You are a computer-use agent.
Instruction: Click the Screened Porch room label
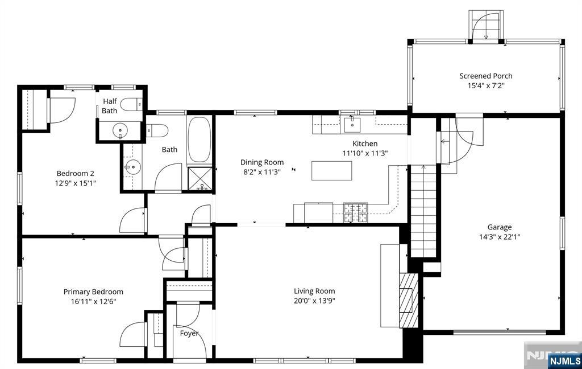click(486, 76)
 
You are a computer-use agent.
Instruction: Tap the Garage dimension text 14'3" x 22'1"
click(500, 237)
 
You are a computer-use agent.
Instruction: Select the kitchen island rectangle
click(331, 171)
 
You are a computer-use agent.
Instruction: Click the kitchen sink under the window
click(352, 124)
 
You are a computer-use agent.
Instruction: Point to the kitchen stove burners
click(356, 213)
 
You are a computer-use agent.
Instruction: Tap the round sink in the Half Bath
click(120, 130)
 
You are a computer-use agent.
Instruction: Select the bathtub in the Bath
click(199, 140)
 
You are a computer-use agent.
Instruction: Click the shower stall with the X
click(201, 179)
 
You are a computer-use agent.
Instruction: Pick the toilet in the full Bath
click(157, 130)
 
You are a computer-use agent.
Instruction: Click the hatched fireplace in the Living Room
click(409, 301)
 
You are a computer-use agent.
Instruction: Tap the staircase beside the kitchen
click(423, 211)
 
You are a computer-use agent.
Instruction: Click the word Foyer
click(189, 333)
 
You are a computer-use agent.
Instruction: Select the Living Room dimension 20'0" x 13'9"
click(314, 301)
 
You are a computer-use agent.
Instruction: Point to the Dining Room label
click(262, 162)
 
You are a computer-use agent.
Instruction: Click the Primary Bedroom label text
click(93, 292)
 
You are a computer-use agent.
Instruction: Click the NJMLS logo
click(564, 360)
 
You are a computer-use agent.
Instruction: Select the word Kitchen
click(365, 143)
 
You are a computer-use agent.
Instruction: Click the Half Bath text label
click(110, 106)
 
